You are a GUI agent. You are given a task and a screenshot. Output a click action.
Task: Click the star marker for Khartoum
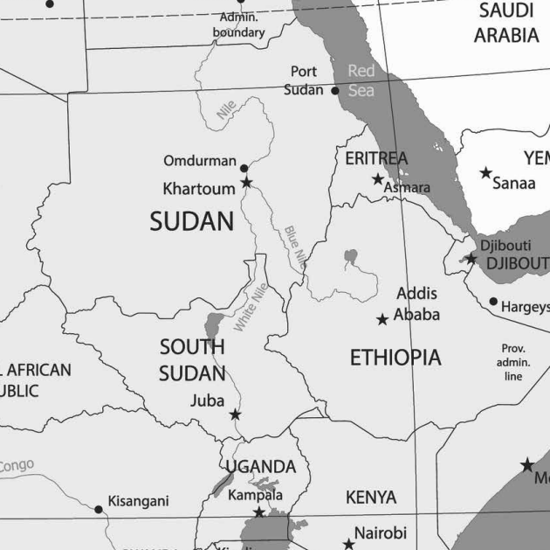[246, 182]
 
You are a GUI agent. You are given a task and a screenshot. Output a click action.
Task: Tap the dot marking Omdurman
[244, 168]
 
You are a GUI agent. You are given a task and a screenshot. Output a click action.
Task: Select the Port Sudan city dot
[335, 90]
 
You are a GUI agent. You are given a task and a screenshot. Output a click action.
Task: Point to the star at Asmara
[378, 179]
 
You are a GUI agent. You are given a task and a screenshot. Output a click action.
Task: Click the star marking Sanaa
[486, 173]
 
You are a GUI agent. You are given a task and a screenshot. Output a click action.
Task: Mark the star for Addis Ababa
[382, 320]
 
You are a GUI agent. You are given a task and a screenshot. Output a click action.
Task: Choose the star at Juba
[235, 414]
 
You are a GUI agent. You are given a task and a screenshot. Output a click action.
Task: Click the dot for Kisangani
[99, 509]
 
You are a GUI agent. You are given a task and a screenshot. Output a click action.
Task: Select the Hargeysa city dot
[493, 302]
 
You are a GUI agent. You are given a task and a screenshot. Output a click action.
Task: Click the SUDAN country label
[192, 222]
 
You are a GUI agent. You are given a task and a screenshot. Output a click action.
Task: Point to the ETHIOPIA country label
[395, 358]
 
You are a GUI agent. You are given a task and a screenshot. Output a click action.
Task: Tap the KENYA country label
[370, 498]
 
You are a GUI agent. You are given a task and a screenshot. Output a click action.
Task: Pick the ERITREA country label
[376, 158]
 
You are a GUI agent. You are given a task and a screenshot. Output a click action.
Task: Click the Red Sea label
[361, 80]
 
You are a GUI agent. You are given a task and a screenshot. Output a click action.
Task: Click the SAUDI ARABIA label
[506, 24]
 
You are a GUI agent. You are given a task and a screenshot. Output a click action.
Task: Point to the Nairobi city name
[380, 533]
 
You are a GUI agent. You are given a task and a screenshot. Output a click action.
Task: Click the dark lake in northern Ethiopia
[350, 257]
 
